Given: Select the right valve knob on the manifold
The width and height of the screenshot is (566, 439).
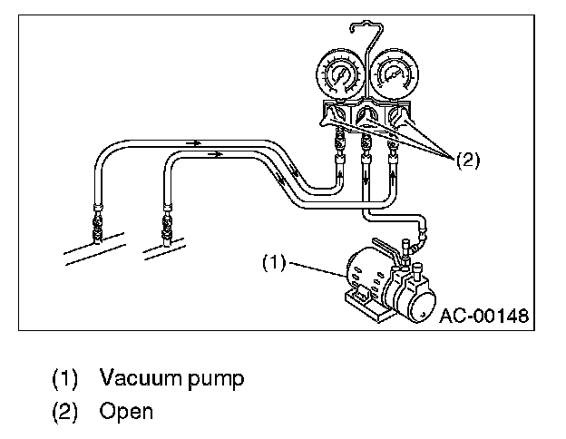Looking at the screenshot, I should coord(399,117).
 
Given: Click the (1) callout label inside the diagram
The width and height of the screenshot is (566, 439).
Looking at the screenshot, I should coord(274,263).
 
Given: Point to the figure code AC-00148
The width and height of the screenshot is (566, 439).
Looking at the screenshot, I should coord(483,316).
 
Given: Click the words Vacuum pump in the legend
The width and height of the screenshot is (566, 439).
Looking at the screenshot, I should coord(172,377).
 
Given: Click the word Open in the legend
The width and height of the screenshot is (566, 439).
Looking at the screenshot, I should coord(126,411).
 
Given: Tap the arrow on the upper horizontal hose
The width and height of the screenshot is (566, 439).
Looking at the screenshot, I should coord(193,142).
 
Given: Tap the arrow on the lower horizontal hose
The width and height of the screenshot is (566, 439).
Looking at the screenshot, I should coord(216,155).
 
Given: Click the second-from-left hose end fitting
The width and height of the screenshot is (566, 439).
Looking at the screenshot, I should coord(167,221).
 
